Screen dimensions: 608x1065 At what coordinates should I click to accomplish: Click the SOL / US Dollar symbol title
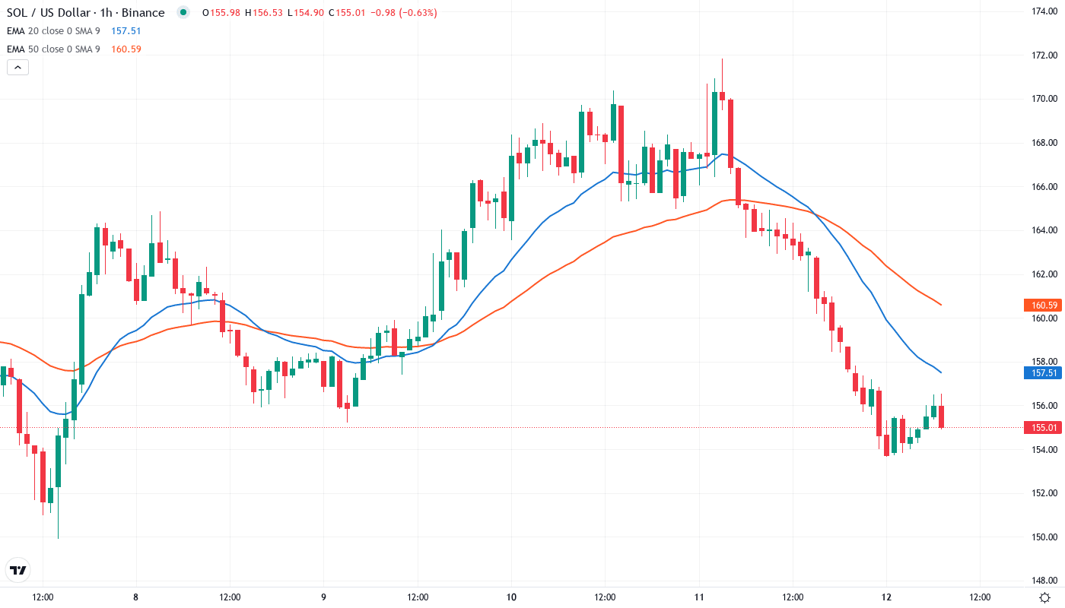pos(85,12)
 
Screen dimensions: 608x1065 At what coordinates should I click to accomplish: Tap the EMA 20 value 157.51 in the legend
pos(126,30)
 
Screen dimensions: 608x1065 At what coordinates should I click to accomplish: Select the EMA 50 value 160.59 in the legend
pos(126,49)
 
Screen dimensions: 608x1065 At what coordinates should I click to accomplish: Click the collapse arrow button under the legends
pos(17,67)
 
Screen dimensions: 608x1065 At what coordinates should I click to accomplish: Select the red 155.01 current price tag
pos(1044,428)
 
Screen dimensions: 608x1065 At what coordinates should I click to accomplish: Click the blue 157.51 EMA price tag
pos(1044,373)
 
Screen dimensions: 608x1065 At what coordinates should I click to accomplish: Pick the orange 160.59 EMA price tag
pos(1044,306)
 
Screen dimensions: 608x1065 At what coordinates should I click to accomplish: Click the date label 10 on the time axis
pos(511,597)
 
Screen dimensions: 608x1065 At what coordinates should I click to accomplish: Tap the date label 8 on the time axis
pos(135,597)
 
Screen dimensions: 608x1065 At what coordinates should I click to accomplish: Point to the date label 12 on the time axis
pos(886,597)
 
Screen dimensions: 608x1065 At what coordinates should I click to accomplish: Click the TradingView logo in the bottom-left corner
pos(17,570)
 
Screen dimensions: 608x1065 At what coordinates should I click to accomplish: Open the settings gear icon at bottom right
pos(1045,597)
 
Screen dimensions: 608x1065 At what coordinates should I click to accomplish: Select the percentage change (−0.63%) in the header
pos(415,12)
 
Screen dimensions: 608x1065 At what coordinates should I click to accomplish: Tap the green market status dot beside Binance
pos(183,12)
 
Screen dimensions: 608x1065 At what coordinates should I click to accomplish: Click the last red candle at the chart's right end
pos(941,416)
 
